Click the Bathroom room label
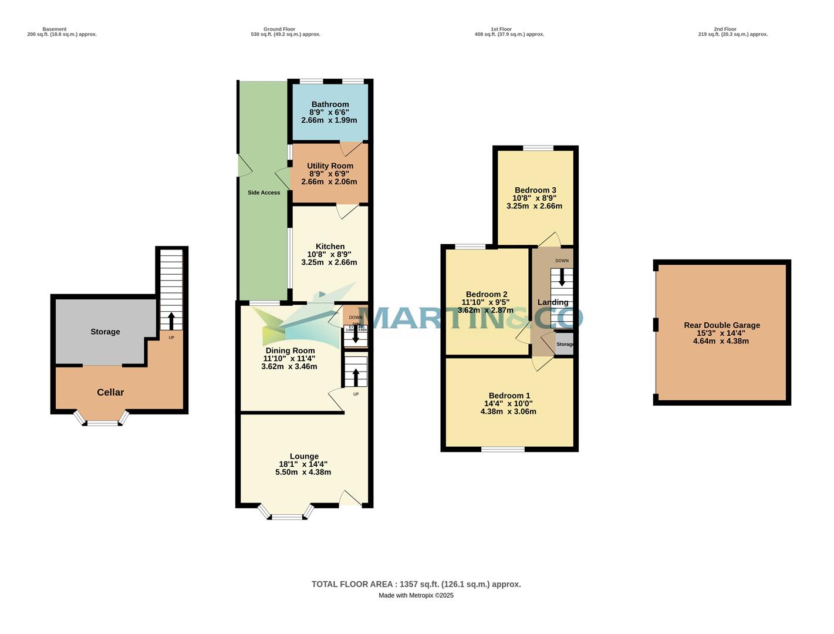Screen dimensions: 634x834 (330, 104)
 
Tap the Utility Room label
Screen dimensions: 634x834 (330, 166)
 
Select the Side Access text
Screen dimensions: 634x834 (264, 193)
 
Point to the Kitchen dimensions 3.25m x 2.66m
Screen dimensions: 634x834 (329, 262)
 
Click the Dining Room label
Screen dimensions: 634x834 (290, 350)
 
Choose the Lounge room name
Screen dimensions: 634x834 (304, 456)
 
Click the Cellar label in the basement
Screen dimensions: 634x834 (110, 392)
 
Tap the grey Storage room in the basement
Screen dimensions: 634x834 (105, 332)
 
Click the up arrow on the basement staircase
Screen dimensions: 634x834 (171, 321)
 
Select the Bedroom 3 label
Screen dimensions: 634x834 (535, 190)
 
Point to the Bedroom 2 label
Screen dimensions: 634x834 (486, 294)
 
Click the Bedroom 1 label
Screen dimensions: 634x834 (509, 396)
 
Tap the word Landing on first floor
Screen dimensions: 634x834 (552, 302)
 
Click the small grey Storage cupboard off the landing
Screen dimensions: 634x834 (564, 345)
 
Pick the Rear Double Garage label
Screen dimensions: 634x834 (721, 325)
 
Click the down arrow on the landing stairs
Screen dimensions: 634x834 (562, 277)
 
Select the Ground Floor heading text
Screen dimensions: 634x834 (279, 29)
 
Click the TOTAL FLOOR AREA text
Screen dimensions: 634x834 (416, 584)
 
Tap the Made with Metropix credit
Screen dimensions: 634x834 (416, 595)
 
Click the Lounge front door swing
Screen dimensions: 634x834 (350, 498)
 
